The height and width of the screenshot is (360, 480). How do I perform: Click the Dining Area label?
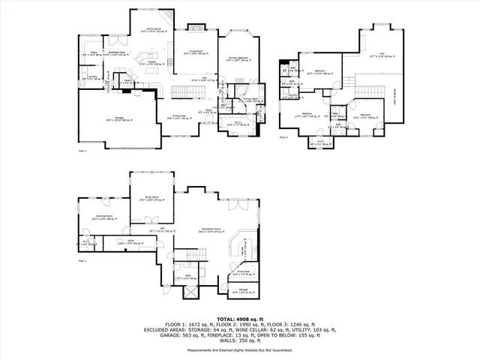click(178, 116)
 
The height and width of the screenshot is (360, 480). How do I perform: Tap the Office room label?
click(94, 53)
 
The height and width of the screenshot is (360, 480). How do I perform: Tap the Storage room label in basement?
click(244, 289)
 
